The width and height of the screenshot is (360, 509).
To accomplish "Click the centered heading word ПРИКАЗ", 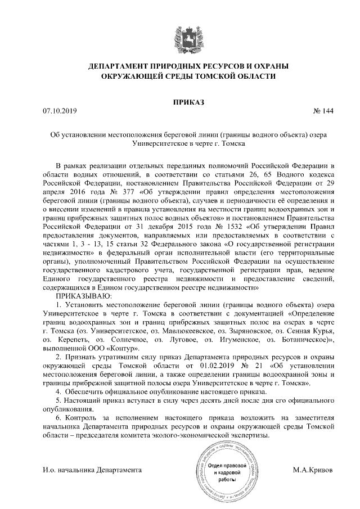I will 179,102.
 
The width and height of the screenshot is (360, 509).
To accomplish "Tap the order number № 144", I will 323,111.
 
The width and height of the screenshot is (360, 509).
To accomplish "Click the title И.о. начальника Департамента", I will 92,469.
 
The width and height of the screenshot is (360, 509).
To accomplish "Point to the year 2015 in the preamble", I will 156,236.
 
